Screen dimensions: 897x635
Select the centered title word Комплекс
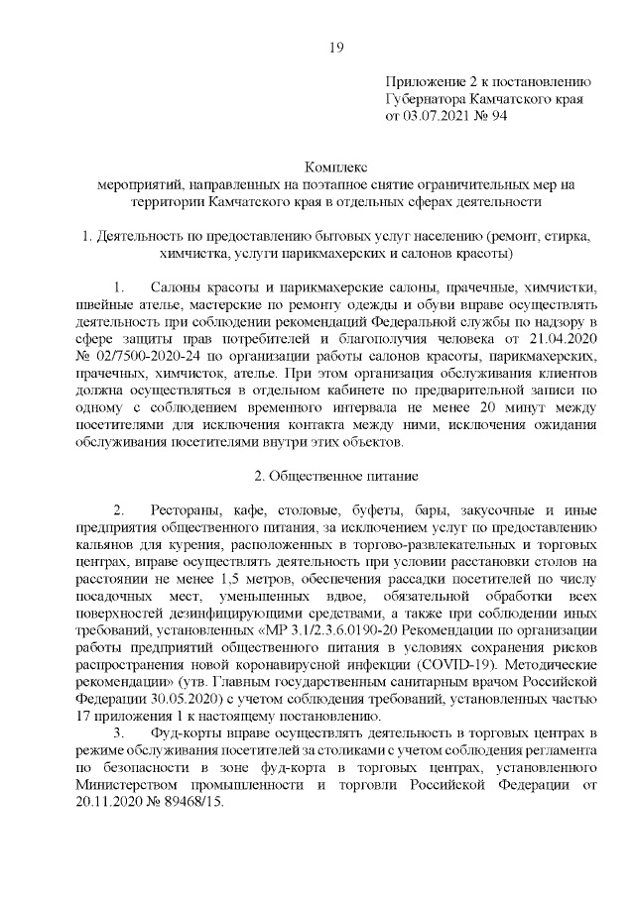pyautogui.click(x=335, y=167)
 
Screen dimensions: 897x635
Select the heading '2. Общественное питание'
pyautogui.click(x=335, y=475)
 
